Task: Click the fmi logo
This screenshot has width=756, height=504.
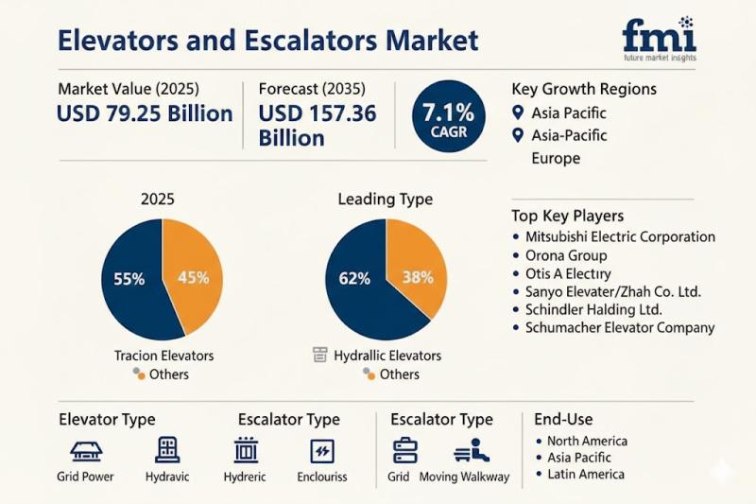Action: click(x=659, y=37)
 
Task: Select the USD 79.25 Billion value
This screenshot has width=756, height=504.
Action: click(x=145, y=114)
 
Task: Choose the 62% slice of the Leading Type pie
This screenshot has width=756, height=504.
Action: click(x=354, y=280)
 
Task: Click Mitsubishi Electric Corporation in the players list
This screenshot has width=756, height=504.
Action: click(x=620, y=237)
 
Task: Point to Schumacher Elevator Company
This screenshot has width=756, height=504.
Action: click(x=620, y=328)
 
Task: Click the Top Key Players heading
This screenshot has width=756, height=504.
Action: click(x=567, y=216)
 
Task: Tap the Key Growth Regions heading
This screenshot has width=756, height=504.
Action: click(x=584, y=90)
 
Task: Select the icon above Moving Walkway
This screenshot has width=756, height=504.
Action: click(x=477, y=450)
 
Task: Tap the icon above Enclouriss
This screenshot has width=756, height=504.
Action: click(x=322, y=450)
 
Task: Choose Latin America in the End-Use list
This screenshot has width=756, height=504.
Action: click(x=586, y=474)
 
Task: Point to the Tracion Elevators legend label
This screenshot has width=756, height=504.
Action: click(x=163, y=356)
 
